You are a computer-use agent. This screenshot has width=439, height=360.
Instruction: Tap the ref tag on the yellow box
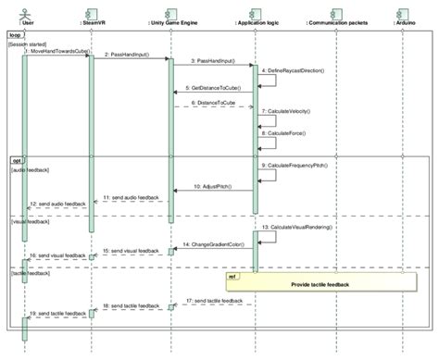[x=232, y=275]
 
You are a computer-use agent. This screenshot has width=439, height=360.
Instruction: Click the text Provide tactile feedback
[x=320, y=284]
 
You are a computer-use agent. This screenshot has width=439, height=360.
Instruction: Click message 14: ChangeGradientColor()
[x=213, y=244]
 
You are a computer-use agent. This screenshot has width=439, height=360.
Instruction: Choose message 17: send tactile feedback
[x=214, y=301]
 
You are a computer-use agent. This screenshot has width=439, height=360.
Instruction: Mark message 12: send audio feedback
[x=56, y=203]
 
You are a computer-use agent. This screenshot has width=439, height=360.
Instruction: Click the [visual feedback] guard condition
[x=31, y=221]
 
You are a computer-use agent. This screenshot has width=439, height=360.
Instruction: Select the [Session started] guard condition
[x=31, y=43]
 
